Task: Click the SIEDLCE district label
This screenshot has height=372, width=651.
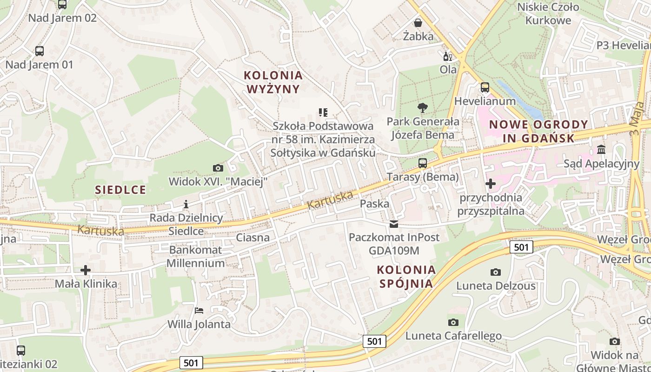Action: click(x=120, y=190)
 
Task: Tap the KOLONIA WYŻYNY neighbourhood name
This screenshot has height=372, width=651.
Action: click(x=273, y=82)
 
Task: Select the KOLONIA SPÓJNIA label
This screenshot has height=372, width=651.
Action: click(x=406, y=276)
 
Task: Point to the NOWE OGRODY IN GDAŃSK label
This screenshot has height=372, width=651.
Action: click(x=538, y=131)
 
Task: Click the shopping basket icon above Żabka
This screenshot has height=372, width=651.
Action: click(x=418, y=23)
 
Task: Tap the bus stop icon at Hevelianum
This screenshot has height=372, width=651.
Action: click(x=485, y=87)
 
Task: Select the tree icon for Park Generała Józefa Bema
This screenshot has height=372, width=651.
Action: click(x=422, y=108)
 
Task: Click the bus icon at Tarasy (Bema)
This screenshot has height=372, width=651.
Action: click(x=422, y=163)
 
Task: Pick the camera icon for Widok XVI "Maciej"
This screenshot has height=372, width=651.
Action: click(x=218, y=168)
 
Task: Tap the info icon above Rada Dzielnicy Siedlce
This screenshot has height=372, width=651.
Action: click(x=186, y=204)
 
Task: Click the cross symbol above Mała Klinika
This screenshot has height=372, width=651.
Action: click(x=86, y=270)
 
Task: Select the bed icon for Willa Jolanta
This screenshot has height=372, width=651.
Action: click(x=199, y=310)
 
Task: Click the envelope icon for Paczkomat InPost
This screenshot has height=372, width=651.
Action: click(x=394, y=224)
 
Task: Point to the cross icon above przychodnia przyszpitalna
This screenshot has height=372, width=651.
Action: click(x=490, y=184)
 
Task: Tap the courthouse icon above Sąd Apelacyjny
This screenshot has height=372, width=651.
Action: click(x=601, y=150)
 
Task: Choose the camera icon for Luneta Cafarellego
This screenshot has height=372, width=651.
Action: click(x=453, y=322)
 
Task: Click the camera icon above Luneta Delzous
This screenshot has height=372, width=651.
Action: click(x=496, y=272)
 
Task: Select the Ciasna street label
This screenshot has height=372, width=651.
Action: click(x=252, y=238)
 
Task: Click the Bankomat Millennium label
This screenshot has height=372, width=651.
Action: click(x=196, y=256)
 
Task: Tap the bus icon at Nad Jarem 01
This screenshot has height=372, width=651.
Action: click(x=40, y=51)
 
